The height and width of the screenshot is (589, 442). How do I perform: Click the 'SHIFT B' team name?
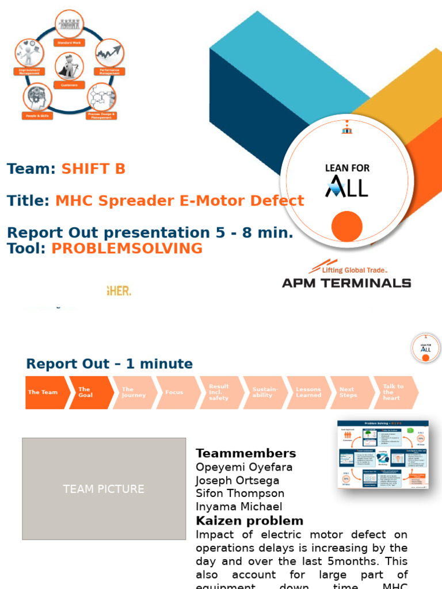[93, 169]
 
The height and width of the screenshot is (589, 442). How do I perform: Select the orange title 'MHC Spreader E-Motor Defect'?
[179, 201]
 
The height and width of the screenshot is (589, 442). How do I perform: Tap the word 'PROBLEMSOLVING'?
[127, 248]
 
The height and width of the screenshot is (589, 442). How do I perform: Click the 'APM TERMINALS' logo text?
[346, 282]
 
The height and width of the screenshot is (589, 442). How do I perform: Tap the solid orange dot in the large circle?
[347, 226]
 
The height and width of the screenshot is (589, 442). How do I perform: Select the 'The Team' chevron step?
[44, 392]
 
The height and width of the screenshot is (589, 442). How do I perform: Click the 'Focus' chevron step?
[175, 392]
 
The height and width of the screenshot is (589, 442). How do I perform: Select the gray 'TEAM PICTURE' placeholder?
[104, 489]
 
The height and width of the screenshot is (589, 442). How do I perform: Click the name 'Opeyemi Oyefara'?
[244, 467]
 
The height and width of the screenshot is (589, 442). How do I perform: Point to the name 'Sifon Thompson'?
[240, 494]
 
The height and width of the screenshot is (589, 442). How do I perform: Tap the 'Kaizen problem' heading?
[249, 521]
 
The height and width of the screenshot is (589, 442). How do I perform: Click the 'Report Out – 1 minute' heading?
[109, 364]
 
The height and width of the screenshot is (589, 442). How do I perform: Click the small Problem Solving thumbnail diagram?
[383, 454]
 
